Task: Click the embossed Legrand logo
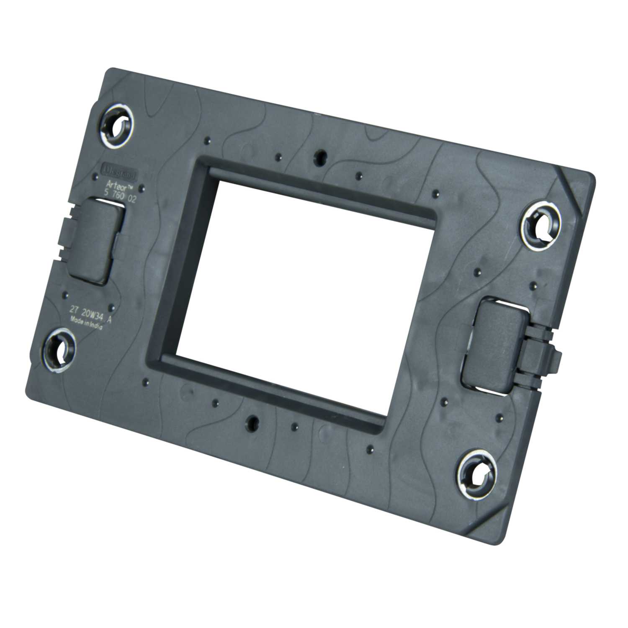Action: click(x=125, y=171)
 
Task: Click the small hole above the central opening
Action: click(x=321, y=156)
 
